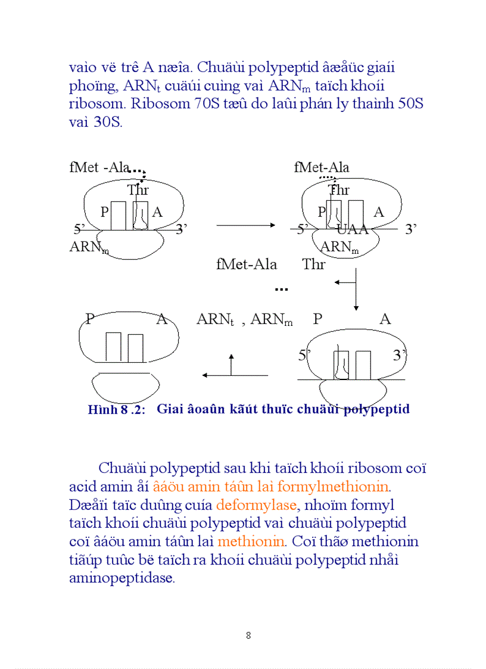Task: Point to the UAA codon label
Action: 353,230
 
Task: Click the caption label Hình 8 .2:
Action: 117,410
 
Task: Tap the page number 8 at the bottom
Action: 248,636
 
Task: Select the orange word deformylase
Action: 256,505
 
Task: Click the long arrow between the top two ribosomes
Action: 245,225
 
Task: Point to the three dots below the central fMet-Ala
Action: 281,290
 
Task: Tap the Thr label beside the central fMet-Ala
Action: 314,265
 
